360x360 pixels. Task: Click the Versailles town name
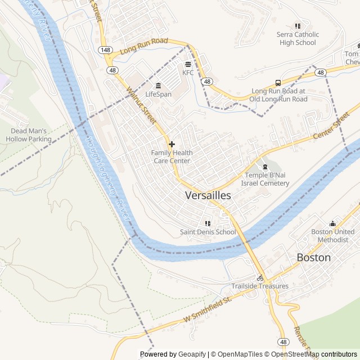(x=208, y=195)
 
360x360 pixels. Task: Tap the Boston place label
(x=314, y=257)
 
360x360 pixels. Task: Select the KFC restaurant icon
(x=188, y=64)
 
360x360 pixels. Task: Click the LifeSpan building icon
(x=158, y=85)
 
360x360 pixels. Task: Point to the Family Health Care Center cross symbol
(x=172, y=144)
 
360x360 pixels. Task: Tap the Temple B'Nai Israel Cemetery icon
(x=265, y=167)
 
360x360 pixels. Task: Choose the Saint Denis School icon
(x=208, y=223)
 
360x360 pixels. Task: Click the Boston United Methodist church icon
(x=332, y=223)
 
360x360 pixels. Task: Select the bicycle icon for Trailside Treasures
(x=260, y=277)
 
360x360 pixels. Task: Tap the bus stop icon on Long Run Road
(x=278, y=83)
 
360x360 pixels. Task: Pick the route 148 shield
(x=105, y=50)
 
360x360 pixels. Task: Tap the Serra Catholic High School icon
(x=298, y=26)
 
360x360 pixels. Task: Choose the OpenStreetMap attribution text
(x=295, y=354)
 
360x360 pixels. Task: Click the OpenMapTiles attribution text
(x=240, y=354)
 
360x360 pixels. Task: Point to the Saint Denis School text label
(x=208, y=232)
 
